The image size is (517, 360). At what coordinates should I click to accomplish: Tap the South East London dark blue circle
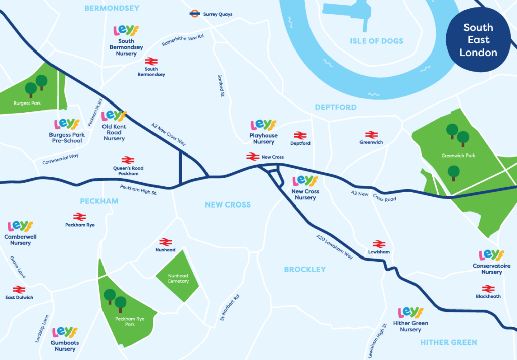(478, 40)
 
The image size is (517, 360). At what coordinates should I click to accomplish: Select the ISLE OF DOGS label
(377, 41)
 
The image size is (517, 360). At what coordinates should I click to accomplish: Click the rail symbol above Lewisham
(379, 244)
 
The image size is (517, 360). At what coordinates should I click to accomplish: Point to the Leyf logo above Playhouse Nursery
(264, 125)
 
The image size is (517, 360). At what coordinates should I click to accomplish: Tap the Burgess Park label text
(28, 104)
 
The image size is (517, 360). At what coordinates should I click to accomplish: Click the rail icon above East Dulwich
(19, 289)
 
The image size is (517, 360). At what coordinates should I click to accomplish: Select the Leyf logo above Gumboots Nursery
(65, 332)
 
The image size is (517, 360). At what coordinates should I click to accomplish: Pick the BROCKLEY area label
(305, 269)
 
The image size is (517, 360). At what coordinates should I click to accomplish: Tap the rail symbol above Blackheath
(488, 289)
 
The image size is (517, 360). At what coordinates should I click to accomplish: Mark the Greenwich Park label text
(458, 156)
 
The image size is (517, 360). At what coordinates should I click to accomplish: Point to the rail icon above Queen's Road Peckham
(127, 160)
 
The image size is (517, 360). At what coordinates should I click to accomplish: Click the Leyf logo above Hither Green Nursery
(410, 313)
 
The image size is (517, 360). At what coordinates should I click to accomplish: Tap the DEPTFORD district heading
(335, 107)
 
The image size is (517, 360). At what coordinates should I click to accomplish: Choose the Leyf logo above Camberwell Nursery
(20, 227)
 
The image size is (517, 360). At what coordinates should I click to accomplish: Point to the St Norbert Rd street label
(229, 307)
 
